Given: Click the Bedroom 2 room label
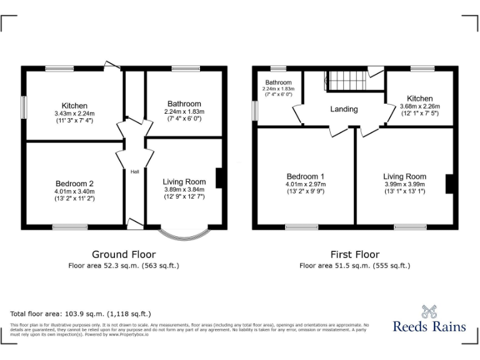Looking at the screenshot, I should pos(74,183).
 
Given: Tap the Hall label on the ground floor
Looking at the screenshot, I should pos(134,172).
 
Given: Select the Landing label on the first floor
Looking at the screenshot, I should pos(344,109).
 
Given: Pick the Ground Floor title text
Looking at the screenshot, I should pos(124,254).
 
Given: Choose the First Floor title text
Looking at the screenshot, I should pos(354,254).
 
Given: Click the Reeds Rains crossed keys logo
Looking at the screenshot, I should pos(429,311).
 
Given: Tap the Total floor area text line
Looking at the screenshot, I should pos(81,314).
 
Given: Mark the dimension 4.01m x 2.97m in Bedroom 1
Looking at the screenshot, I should pos(306,184).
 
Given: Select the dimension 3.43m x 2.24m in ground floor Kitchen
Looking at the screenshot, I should pos(74,113).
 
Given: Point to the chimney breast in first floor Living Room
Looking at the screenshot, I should pos(449,184).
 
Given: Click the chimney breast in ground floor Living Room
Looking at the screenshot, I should pos(218,178).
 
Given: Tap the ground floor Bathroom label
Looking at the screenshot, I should pos(184,104).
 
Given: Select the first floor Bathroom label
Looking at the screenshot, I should pos(278,82).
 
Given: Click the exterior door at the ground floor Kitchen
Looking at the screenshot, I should pos(112,64).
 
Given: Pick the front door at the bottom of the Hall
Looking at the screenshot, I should pos(134,222).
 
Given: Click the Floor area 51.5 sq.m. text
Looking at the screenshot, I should pos(354,266).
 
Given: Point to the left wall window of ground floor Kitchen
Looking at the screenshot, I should pos(24,106).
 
